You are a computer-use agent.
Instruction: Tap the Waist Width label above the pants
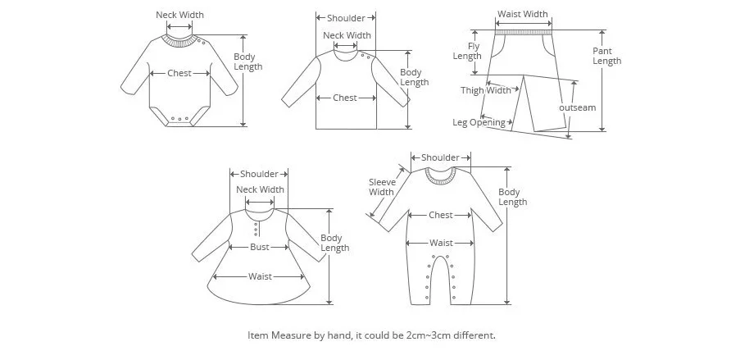[x=522, y=14]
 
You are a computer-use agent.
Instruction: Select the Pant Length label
[x=606, y=56]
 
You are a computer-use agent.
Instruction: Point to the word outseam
[x=577, y=107]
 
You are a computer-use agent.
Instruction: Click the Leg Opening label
[x=479, y=122]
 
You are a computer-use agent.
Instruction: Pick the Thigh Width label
[x=485, y=90]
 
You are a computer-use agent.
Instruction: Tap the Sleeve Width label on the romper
[x=381, y=187]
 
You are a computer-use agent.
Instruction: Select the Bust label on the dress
[x=259, y=247]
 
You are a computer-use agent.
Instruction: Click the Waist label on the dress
[x=260, y=276]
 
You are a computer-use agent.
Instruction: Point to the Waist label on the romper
[x=441, y=243]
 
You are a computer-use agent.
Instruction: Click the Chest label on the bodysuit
[x=179, y=73]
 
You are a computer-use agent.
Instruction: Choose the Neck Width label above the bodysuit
[x=179, y=15]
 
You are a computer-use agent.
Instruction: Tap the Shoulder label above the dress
[x=259, y=174]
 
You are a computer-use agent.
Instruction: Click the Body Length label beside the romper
[x=512, y=197]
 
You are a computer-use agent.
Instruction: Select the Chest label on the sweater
[x=344, y=98]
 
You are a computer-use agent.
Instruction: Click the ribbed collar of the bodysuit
[x=179, y=38]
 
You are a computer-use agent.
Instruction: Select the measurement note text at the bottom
[x=371, y=335]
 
